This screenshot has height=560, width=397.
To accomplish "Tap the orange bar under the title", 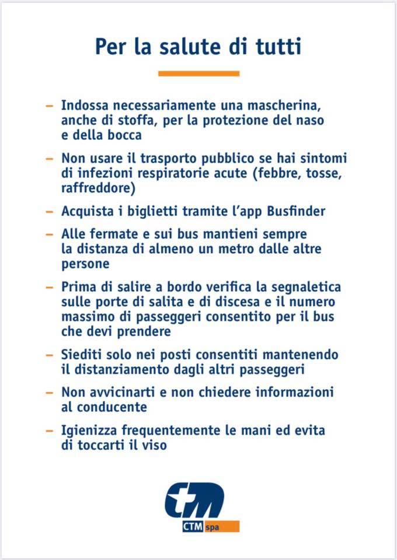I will coord(198,73).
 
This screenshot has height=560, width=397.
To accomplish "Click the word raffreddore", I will coord(97,188).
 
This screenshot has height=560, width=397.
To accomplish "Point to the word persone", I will coord(85,263).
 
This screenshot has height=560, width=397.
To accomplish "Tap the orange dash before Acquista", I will coord(49,211).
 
